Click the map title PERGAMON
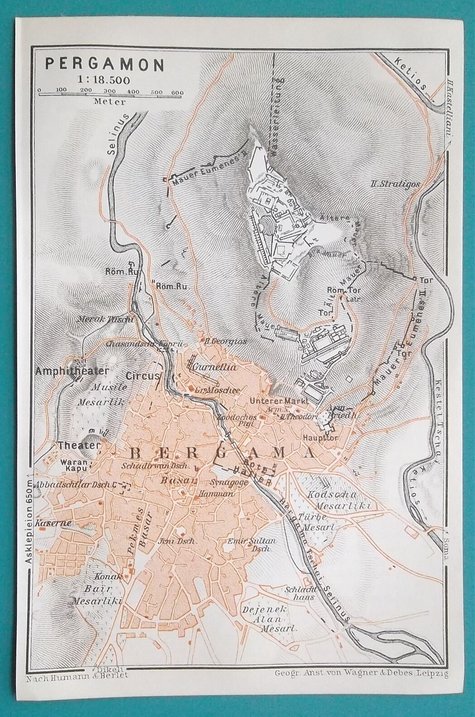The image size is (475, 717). pos(104,64)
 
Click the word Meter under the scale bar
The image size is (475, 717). pos(110,102)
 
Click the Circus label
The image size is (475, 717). pos(143,375)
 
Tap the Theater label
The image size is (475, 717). pos(78,446)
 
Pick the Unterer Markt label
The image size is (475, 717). pos(280,401)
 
